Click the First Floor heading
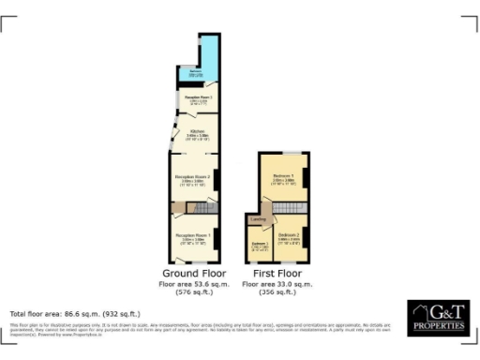(277, 272)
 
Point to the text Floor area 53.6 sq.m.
(194, 282)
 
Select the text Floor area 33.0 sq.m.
(277, 282)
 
